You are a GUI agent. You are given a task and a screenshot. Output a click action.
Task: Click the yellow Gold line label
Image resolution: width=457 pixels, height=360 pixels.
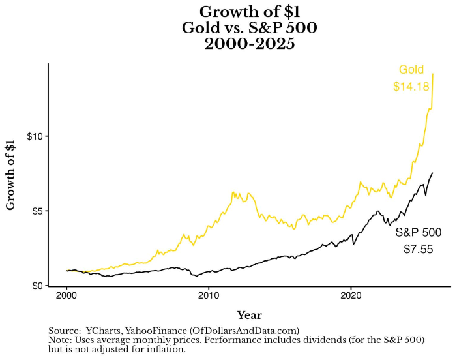pyautogui.click(x=411, y=70)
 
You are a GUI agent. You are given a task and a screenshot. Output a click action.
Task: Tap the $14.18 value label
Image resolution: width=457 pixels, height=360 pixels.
pyautogui.click(x=411, y=86)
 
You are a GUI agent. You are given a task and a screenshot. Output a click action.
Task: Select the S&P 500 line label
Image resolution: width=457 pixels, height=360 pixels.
pyautogui.click(x=418, y=232)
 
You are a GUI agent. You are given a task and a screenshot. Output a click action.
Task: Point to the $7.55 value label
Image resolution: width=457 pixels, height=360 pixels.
pyautogui.click(x=418, y=248)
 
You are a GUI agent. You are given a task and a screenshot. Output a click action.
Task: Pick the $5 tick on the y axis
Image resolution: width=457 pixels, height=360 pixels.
pyautogui.click(x=37, y=211)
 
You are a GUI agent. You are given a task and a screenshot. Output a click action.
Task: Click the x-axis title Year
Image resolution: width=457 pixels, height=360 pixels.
pyautogui.click(x=250, y=316)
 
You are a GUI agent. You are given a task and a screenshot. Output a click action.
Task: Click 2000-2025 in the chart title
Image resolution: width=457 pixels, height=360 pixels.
pyautogui.click(x=250, y=46)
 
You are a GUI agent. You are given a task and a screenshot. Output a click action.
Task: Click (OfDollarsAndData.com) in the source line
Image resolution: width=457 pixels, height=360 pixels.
pyautogui.click(x=244, y=331)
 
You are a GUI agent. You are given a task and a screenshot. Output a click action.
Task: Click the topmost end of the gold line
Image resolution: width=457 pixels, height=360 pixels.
pyautogui.click(x=433, y=74)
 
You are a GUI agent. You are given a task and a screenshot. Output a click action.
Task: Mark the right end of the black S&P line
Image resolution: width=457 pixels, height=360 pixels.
pyautogui.click(x=432, y=173)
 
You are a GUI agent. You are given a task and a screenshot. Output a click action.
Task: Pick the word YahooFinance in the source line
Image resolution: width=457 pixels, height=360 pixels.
pyautogui.click(x=159, y=331)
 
